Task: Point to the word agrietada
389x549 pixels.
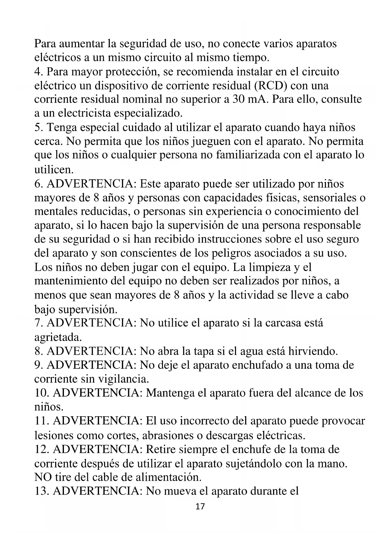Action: pos(58,337)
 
